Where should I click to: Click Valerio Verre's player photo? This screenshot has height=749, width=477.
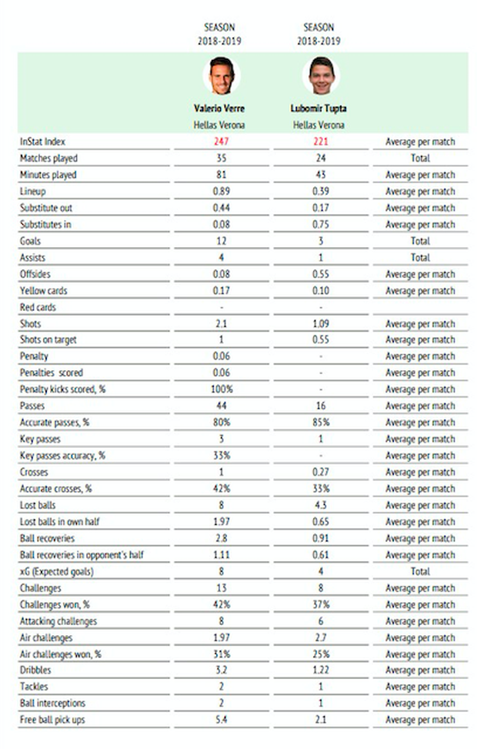[x=221, y=75]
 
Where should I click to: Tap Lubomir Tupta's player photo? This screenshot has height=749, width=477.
[x=321, y=75]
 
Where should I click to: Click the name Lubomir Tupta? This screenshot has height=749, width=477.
[x=318, y=109]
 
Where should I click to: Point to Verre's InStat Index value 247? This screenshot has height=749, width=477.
[x=222, y=142]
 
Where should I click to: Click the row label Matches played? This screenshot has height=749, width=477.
[x=48, y=159]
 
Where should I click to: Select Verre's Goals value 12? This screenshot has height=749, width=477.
[x=222, y=241]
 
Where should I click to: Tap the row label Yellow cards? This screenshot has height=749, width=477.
[x=44, y=291]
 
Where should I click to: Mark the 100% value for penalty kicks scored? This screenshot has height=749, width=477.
[x=222, y=390]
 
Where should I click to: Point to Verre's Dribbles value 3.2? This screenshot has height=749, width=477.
[x=222, y=670]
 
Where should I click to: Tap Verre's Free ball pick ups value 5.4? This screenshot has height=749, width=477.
[x=222, y=720]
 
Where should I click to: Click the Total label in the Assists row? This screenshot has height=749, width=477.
[x=420, y=258]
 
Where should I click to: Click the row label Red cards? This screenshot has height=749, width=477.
[x=38, y=307]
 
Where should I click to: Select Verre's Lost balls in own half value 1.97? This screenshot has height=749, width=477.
[x=222, y=522]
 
